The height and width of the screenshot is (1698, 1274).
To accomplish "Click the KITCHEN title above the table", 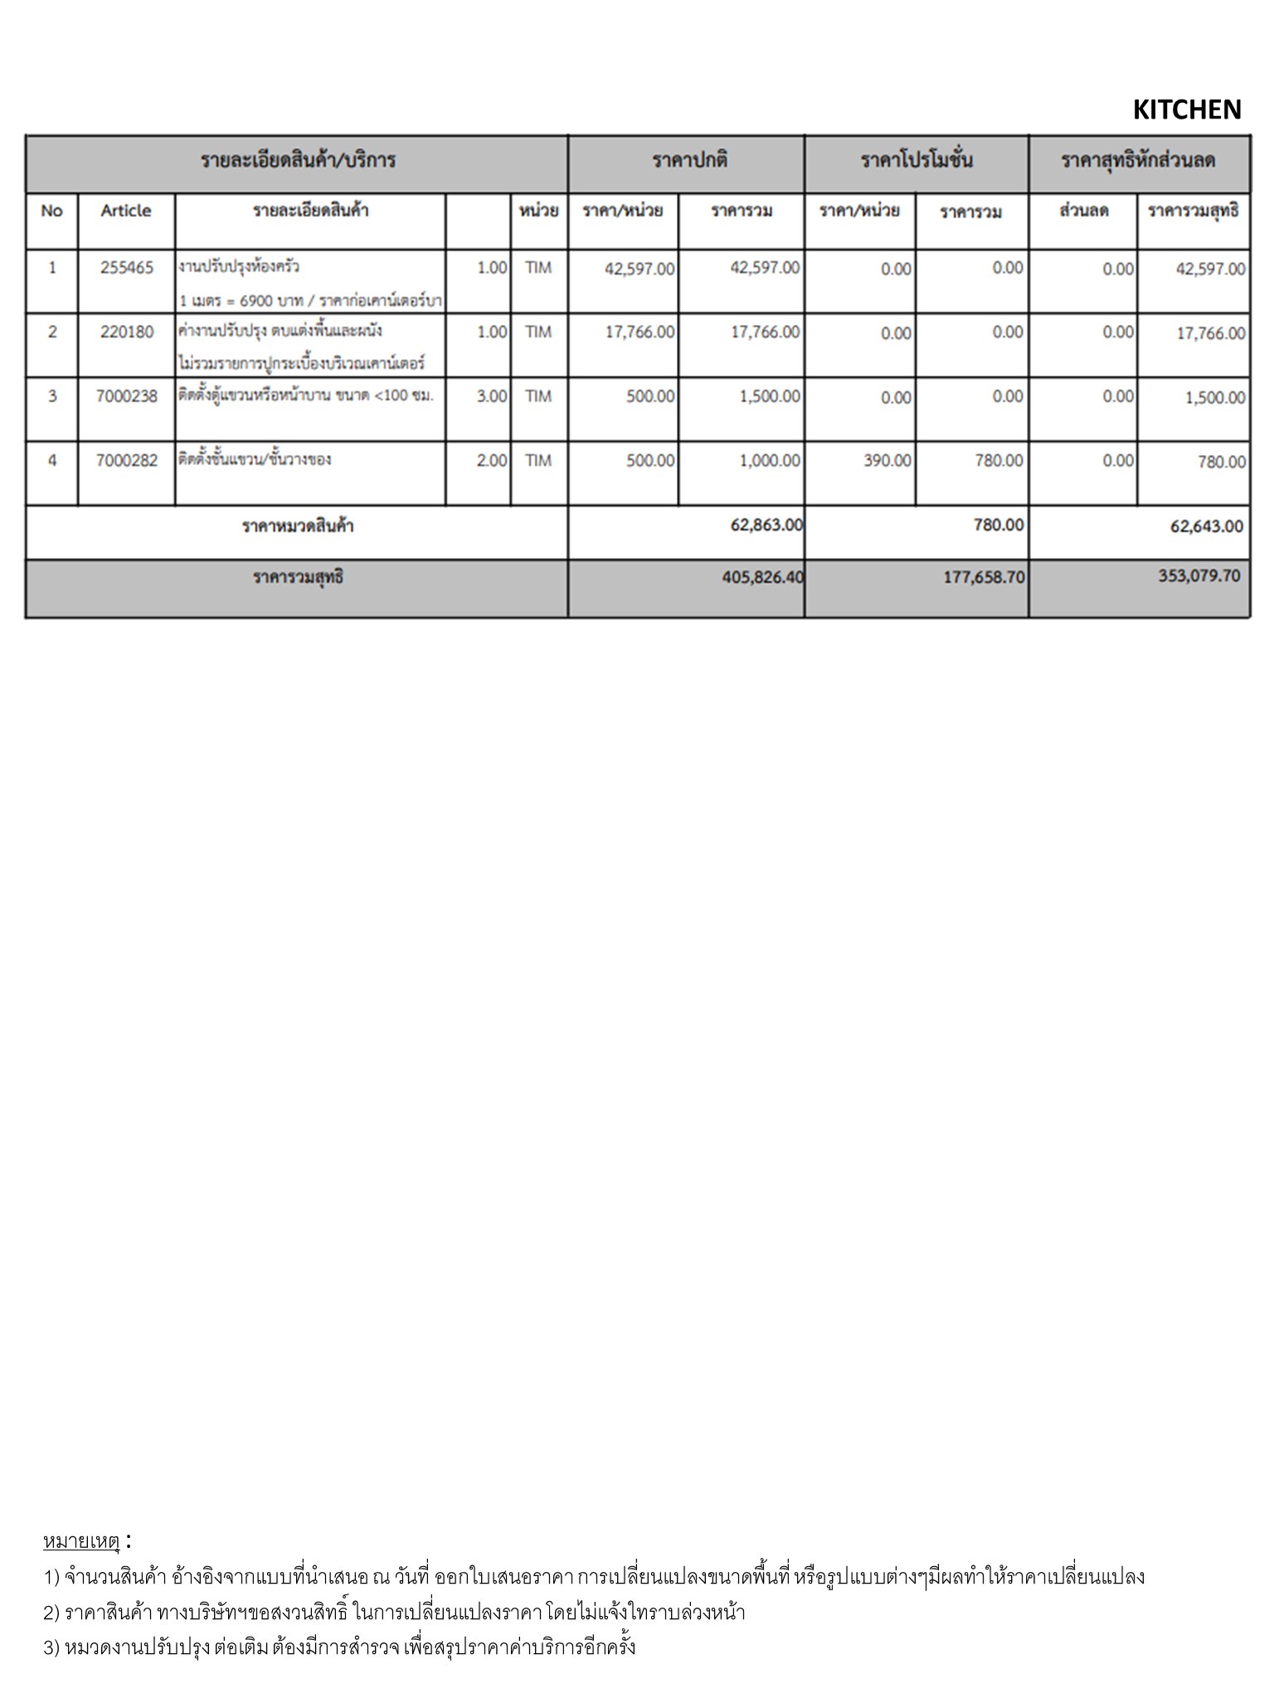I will tap(1186, 109).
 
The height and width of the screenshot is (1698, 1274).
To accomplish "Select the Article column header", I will tap(126, 211).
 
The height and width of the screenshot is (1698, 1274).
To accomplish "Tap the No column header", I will tap(51, 211).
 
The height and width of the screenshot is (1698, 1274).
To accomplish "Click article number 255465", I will tap(127, 268).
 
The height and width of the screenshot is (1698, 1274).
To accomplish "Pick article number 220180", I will tap(127, 332).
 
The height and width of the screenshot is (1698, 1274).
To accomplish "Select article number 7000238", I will tap(127, 396).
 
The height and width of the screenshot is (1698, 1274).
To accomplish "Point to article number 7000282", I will tap(127, 460).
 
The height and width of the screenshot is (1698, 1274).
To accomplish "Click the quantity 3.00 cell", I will tap(491, 396).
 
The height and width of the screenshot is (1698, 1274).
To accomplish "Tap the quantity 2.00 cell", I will tap(491, 460).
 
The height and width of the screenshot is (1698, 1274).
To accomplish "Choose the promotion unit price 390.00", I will tap(887, 460).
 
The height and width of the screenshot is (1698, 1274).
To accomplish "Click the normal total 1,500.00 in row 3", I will tap(770, 396).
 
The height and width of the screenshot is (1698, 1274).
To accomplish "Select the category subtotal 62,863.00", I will tap(766, 525).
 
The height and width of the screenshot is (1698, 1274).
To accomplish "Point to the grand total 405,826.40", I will tap(762, 576).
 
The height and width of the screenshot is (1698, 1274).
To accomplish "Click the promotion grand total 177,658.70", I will tap(984, 576).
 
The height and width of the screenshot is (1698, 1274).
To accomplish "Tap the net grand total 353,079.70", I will tap(1199, 575).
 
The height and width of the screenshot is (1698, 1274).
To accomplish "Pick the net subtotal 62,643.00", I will tap(1206, 526).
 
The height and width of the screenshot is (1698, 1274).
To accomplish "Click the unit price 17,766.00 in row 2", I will tap(639, 332).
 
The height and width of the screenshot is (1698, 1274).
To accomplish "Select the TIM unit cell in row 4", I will tap(538, 460).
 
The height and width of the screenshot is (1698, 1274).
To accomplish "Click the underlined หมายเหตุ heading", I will tap(81, 1541).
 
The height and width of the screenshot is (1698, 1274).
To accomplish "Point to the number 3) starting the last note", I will tap(51, 1647).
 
